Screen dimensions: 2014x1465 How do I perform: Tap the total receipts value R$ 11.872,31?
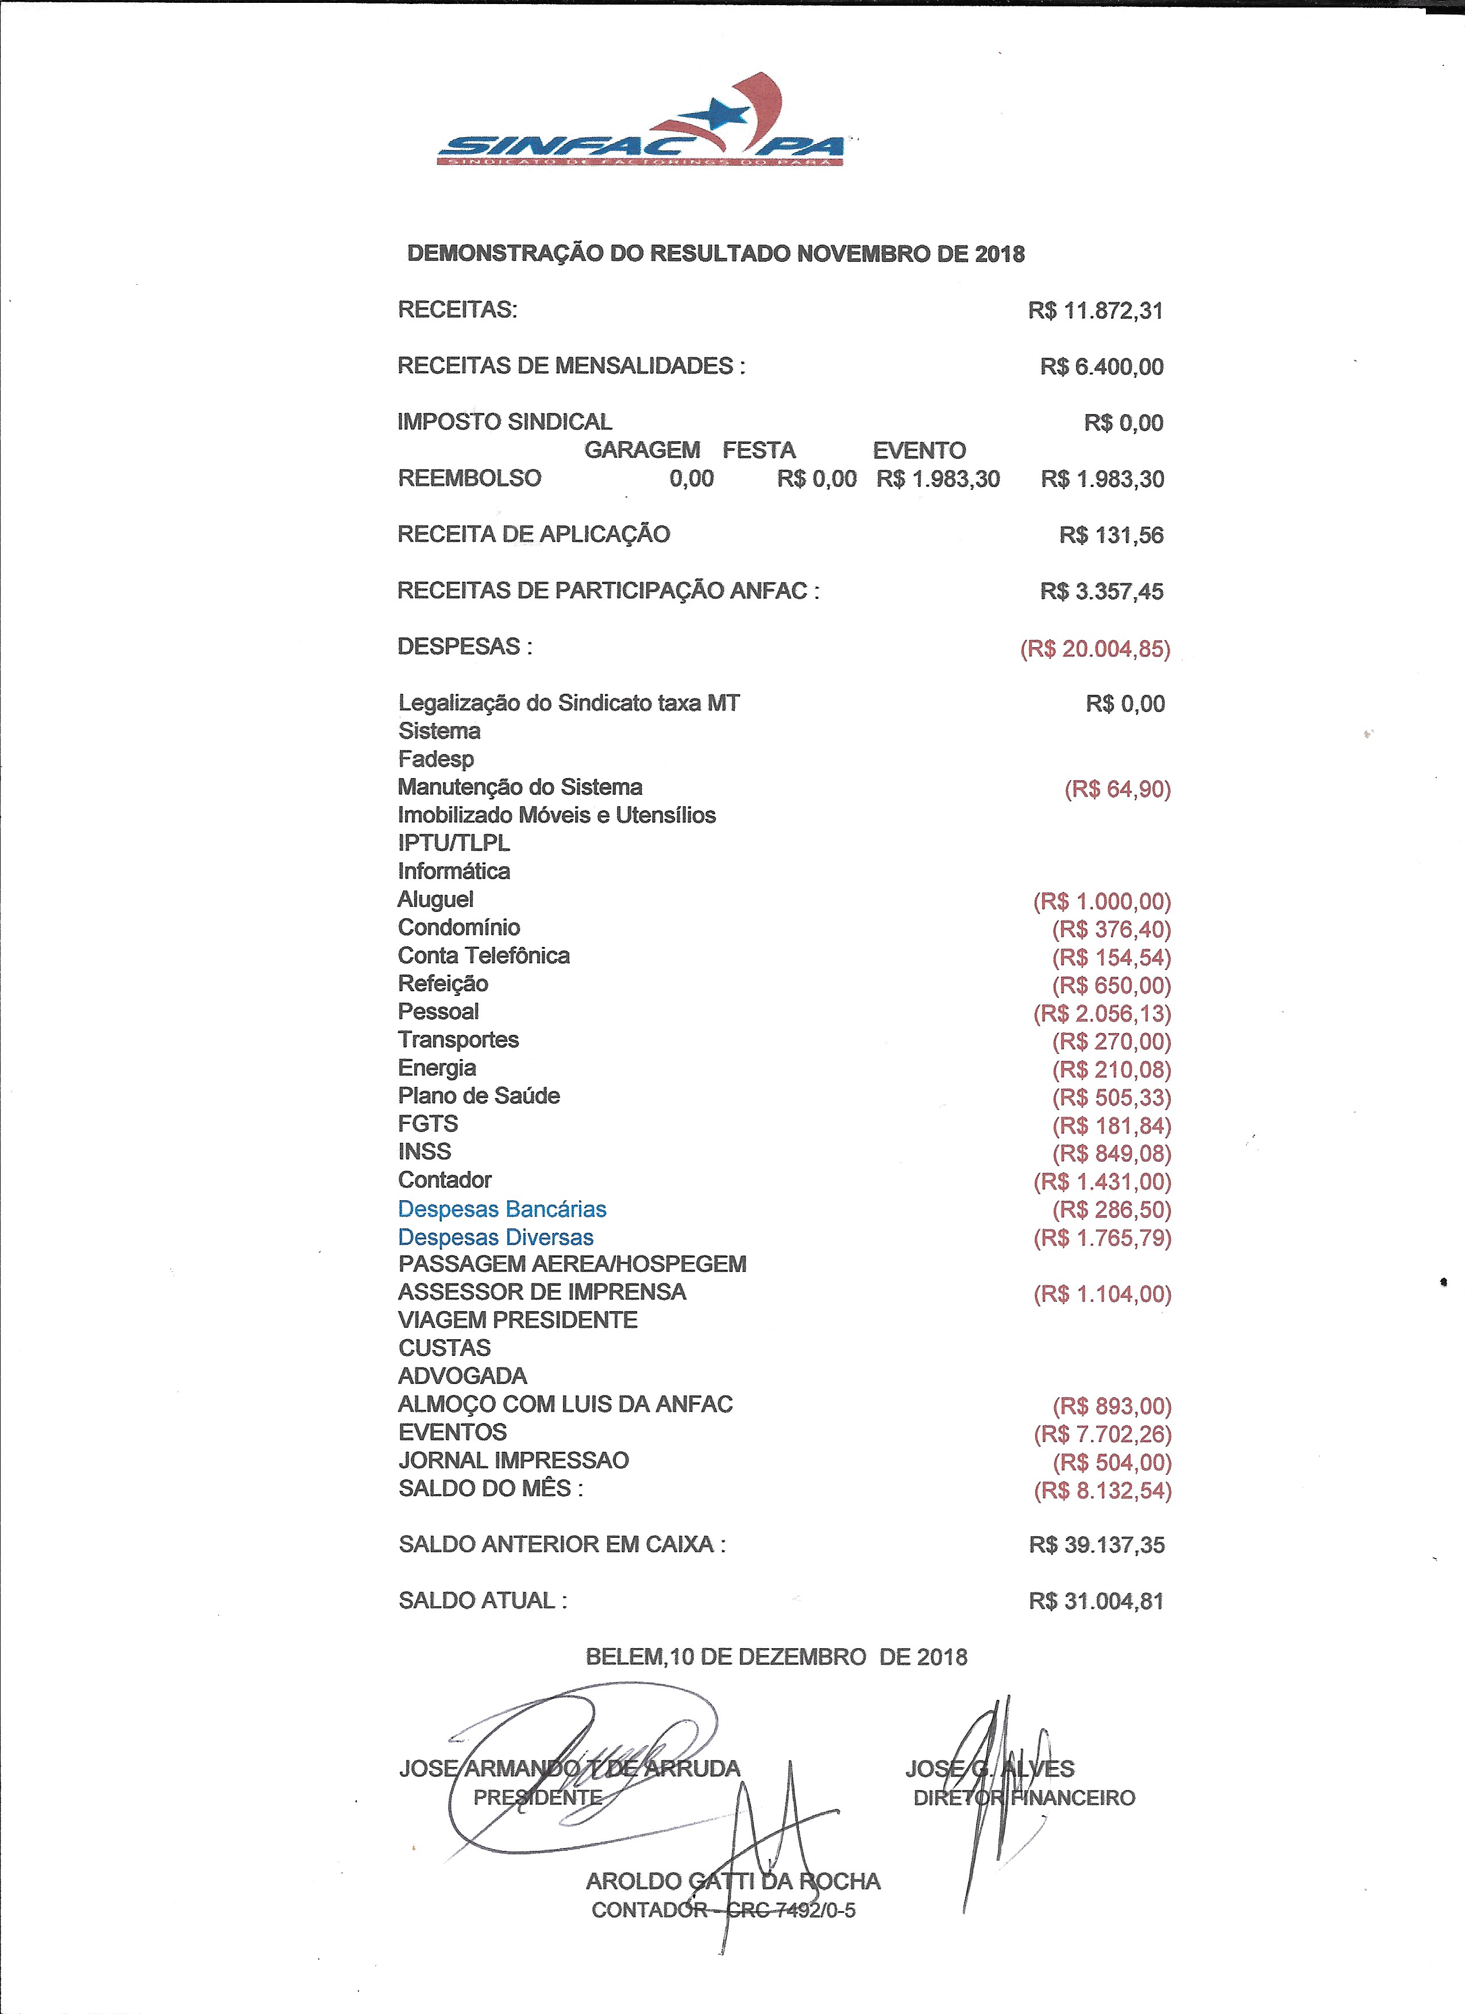coord(1096,311)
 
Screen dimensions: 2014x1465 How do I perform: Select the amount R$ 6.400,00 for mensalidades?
coord(1102,367)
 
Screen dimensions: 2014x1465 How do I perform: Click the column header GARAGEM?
coord(641,450)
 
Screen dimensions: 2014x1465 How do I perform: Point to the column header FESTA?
coord(759,450)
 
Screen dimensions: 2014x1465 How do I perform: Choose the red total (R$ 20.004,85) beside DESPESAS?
coord(1094,648)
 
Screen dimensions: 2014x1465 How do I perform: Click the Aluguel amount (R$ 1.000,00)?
coord(1102,901)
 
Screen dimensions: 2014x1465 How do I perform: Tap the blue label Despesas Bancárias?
coord(502,1209)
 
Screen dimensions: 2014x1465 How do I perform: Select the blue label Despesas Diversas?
coord(496,1237)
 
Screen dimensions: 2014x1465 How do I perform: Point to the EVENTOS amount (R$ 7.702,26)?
coord(1102,1434)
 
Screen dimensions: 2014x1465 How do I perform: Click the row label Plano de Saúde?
coord(479,1096)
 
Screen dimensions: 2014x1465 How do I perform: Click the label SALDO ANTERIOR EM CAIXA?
coord(561,1544)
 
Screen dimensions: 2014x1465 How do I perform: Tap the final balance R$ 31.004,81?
coord(1096,1601)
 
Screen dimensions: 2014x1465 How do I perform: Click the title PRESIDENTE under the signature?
coord(538,1798)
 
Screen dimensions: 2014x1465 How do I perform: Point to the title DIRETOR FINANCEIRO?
coord(1024,1798)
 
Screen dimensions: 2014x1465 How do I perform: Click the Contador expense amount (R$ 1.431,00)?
coord(1102,1181)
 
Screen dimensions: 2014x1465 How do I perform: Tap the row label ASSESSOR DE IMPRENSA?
coord(542,1292)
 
